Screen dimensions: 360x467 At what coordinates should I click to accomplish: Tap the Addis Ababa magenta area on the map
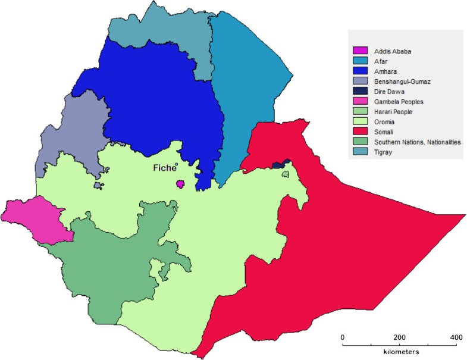[180, 184]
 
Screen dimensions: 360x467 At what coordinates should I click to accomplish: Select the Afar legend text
[381, 60]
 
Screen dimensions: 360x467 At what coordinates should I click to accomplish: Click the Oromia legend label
[384, 121]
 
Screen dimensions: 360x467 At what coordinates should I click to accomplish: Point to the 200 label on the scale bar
[399, 337]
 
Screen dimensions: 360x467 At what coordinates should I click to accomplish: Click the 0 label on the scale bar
[343, 337]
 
